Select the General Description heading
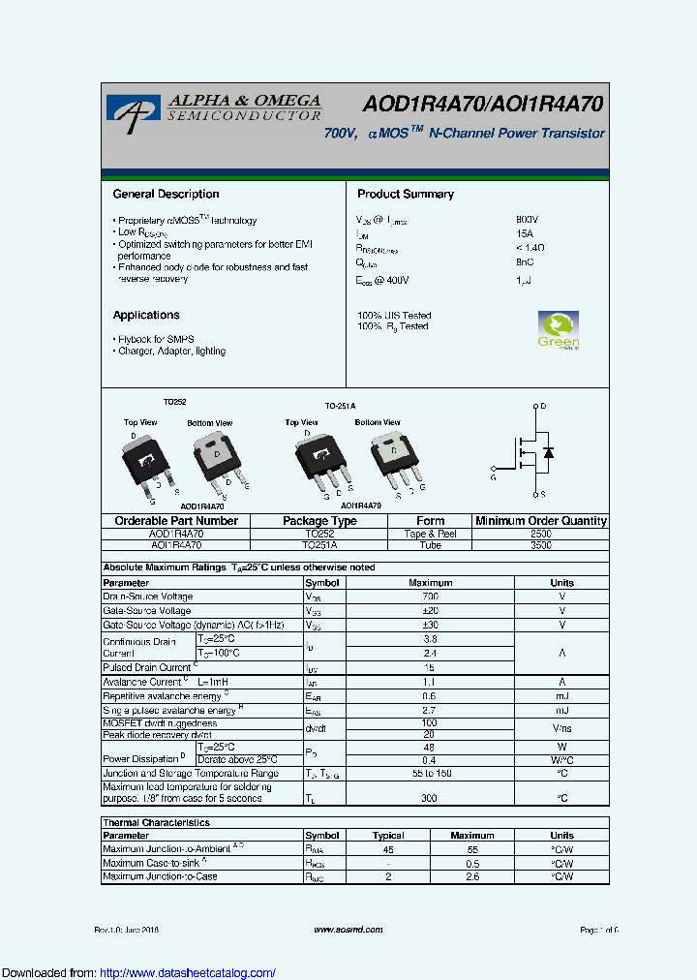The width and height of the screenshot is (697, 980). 166,194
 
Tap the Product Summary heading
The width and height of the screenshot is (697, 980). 405,194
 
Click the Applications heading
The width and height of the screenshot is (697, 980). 146,315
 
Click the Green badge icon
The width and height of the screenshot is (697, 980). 558,330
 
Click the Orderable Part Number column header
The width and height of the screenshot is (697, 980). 175,521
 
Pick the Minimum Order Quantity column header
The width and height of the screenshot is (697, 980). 541,521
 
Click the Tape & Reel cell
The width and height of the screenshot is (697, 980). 430,534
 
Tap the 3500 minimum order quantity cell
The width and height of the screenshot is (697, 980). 541,545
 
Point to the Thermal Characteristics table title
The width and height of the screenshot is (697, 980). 156,822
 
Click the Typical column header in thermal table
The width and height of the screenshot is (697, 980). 387,835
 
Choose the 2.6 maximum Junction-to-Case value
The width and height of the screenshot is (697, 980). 471,876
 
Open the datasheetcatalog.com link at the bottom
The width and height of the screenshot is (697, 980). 188,973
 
